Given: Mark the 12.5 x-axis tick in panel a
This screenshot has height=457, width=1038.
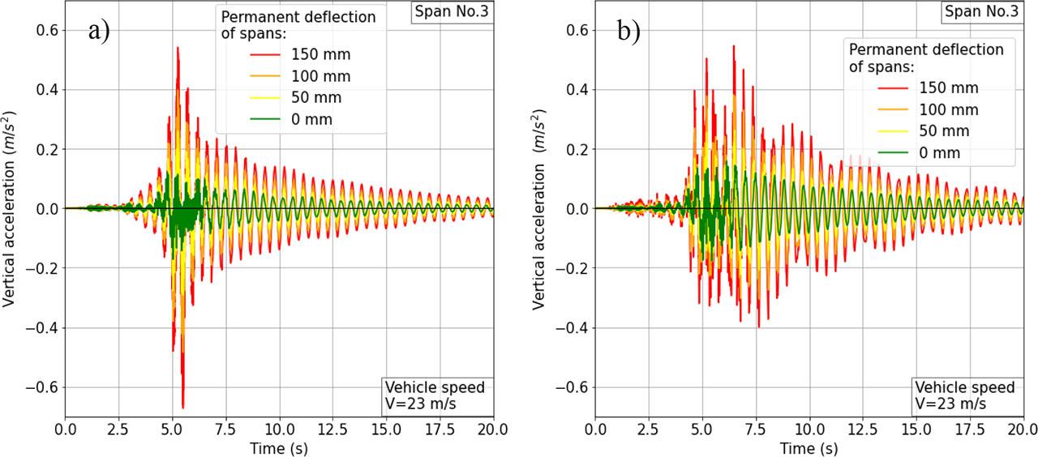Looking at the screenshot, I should point(332,429).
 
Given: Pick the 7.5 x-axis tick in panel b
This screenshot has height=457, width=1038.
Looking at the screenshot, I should point(756,429).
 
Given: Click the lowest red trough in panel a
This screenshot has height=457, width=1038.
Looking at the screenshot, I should point(183,408).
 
